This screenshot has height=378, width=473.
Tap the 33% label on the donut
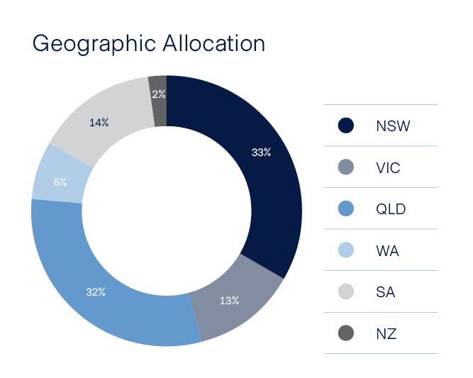click(x=261, y=152)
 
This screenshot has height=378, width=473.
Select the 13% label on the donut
click(x=229, y=301)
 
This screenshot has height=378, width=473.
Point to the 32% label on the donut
click(x=95, y=292)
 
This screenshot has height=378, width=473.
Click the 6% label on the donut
click(x=60, y=182)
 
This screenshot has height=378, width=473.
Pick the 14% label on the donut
click(x=99, y=123)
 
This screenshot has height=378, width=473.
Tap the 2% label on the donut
click(x=159, y=94)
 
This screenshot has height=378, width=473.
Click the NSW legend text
click(x=393, y=126)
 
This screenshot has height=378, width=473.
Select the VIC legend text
click(x=388, y=168)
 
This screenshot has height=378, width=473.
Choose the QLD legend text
click(x=391, y=209)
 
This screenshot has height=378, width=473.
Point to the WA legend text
click(x=387, y=250)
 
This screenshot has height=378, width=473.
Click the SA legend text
click(x=385, y=292)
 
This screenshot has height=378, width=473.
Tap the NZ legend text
click(x=386, y=333)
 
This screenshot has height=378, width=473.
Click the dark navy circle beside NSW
click(x=345, y=126)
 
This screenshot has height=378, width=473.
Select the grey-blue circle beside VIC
click(x=345, y=168)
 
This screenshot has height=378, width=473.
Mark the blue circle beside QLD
click(x=345, y=209)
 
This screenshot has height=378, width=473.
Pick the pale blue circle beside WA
click(x=345, y=250)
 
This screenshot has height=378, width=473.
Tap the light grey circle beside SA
click(x=345, y=292)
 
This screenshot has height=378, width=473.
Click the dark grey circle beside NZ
click(x=345, y=333)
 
